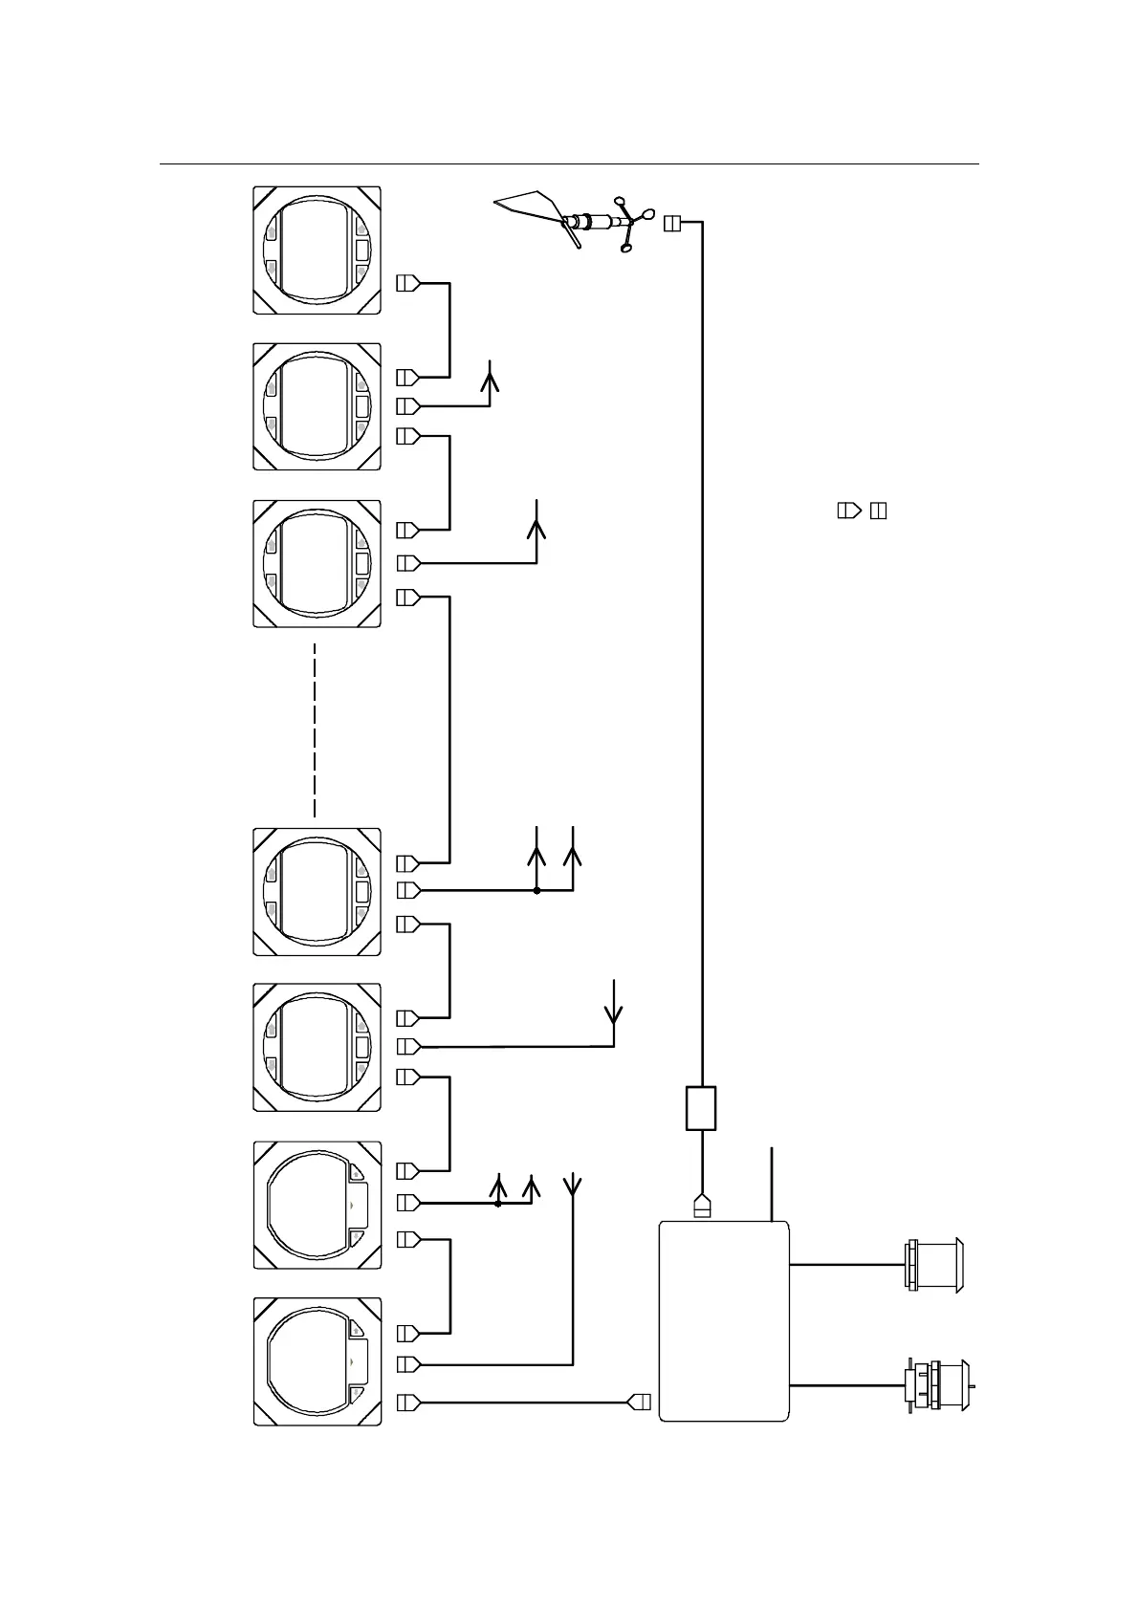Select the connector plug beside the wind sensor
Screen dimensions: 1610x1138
[x=671, y=223]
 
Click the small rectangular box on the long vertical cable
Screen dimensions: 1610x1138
[x=701, y=1108]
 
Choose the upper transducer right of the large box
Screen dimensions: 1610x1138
[x=934, y=1265]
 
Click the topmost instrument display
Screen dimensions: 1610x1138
[x=317, y=250]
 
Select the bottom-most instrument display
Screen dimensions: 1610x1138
[x=317, y=1361]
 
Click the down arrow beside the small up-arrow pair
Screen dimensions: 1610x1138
[x=573, y=1186]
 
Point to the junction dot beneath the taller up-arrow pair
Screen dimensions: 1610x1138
[x=537, y=890]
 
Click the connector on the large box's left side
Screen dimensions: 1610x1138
[x=640, y=1403]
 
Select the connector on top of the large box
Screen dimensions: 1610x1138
[x=701, y=1207]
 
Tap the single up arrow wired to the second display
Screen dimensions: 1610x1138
[x=491, y=377]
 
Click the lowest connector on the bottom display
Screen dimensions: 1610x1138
[x=408, y=1403]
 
